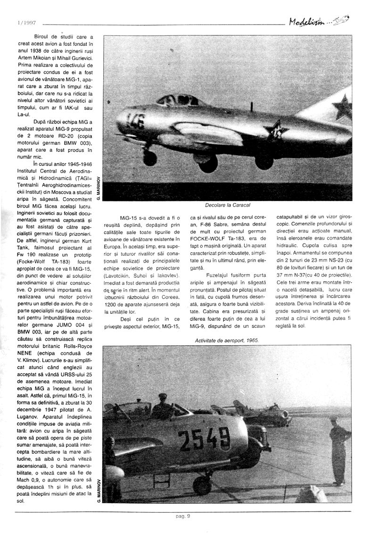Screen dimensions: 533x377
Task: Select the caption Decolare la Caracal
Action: point(228,205)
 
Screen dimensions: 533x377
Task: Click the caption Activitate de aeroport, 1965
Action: point(227,340)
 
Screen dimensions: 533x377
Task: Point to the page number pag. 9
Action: point(182,516)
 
